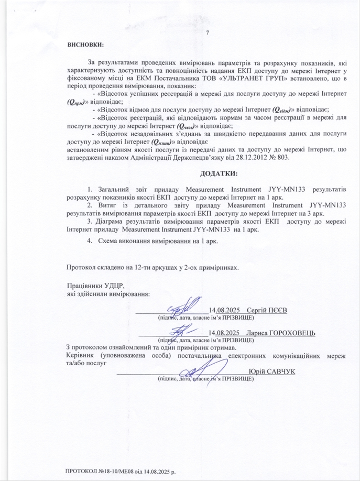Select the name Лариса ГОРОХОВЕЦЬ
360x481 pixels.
pyautogui.click(x=282, y=333)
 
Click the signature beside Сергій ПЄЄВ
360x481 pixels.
pyautogui.click(x=184, y=307)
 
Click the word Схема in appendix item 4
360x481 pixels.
pyautogui.click(x=110, y=241)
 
